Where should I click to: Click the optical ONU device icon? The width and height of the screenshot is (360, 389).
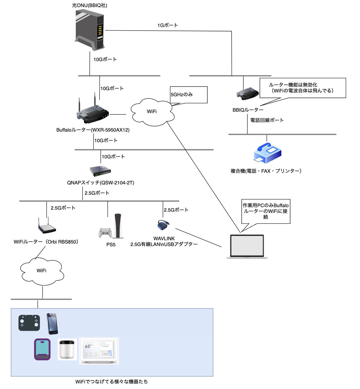pyautogui.click(x=90, y=30)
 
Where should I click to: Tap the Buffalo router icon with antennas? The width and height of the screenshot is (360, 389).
pyautogui.click(x=93, y=112)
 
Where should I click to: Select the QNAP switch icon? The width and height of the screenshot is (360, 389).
pyautogui.click(x=100, y=171)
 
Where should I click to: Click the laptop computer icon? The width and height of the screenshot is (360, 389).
pyautogui.click(x=247, y=247)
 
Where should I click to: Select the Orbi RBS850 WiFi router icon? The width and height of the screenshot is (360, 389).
pyautogui.click(x=47, y=227)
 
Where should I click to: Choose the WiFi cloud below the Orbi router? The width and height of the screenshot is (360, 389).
pyautogui.click(x=42, y=271)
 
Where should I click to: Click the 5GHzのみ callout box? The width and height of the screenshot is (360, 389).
pyautogui.click(x=189, y=95)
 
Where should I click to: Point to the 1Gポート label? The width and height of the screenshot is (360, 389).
pyautogui.click(x=168, y=25)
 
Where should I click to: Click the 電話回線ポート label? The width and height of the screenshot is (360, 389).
pyautogui.click(x=267, y=120)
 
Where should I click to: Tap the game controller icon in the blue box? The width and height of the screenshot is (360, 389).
pyautogui.click(x=29, y=323)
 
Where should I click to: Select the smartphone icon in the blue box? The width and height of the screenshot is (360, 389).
pyautogui.click(x=52, y=324)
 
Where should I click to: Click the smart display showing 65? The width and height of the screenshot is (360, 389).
pyautogui.click(x=99, y=351)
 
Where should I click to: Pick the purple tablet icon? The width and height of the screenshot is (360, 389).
pyautogui.click(x=42, y=349)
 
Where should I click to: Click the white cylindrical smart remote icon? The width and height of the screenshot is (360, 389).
pyautogui.click(x=67, y=349)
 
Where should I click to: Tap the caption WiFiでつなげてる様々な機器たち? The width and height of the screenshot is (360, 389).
pyautogui.click(x=112, y=382)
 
